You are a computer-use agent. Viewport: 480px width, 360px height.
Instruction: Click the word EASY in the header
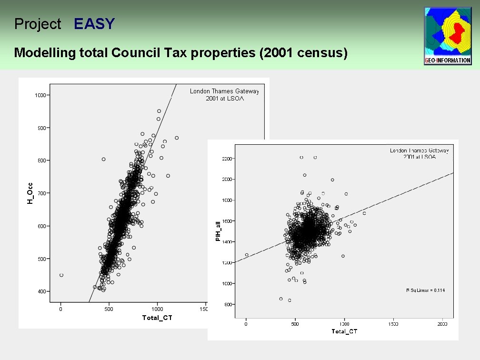pos(94,24)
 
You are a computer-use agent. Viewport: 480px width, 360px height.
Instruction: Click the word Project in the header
pos(38,24)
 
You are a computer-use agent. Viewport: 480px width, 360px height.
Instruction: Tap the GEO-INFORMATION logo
pos(448,36)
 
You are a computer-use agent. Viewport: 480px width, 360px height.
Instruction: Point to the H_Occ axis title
pos(30,194)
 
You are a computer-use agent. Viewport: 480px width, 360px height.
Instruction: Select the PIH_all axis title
pos(218,231)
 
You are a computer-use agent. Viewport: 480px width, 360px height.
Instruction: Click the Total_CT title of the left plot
pos(157,318)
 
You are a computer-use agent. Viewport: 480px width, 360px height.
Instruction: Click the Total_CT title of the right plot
pos(344,331)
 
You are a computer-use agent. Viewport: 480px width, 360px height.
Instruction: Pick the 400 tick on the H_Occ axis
pos(43,291)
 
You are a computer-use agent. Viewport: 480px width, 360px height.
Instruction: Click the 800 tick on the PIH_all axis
pos(228,304)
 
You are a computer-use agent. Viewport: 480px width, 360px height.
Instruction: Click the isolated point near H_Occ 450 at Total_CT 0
pos(61,275)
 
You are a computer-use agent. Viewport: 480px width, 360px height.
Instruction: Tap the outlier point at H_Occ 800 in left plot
pos(104,159)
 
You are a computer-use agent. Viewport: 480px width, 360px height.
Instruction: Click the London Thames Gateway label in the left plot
pos(224,91)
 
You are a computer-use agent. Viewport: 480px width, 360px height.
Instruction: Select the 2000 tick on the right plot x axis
pos(442,324)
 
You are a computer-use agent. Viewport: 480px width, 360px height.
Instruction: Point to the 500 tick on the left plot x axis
pos(109,309)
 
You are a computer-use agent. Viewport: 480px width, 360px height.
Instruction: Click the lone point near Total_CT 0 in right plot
pos(247,255)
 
